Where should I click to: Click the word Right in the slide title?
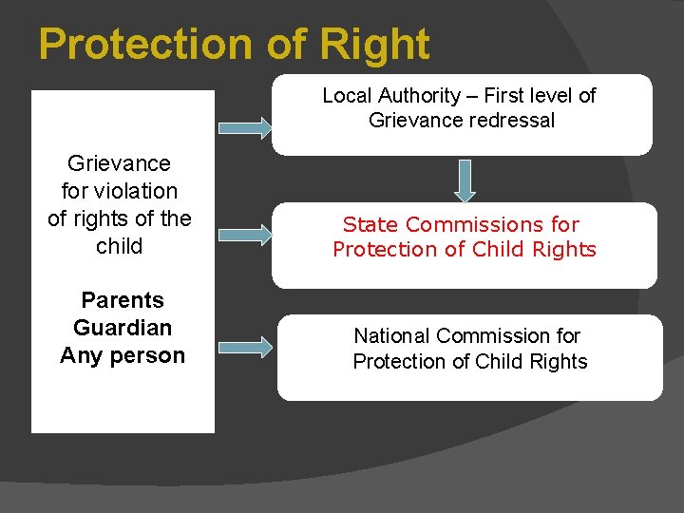point(375,45)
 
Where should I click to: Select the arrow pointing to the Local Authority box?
point(244,128)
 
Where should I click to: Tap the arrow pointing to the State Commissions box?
point(244,236)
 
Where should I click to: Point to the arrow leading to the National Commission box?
point(244,347)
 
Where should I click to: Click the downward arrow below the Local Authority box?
point(465,180)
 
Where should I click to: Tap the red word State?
point(368,224)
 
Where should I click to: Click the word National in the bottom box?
point(391,335)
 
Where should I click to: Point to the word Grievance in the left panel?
point(120,163)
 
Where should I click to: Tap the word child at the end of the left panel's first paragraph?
point(120,246)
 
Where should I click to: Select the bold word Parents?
point(123,300)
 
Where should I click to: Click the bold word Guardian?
point(123,328)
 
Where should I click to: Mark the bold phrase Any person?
point(123,355)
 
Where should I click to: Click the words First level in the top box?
point(517,95)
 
